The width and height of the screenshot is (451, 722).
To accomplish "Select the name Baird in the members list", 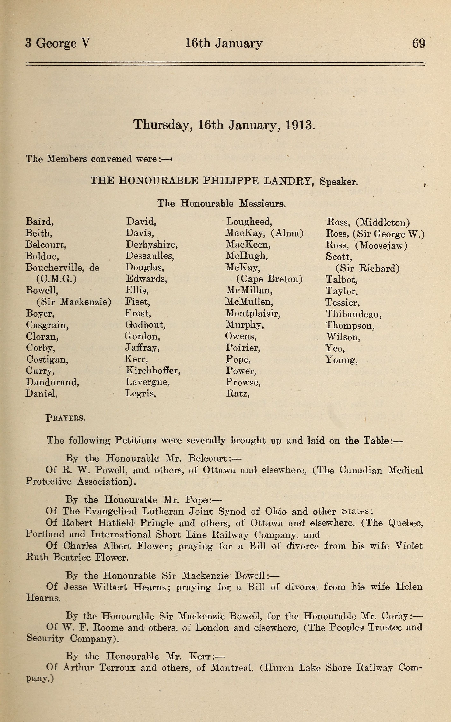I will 40,222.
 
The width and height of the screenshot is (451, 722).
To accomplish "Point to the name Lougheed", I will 249,222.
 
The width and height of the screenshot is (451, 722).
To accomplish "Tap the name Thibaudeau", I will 353,314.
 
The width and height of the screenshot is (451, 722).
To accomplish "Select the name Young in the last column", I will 341,360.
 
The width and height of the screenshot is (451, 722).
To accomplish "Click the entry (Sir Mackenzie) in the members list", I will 74,302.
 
